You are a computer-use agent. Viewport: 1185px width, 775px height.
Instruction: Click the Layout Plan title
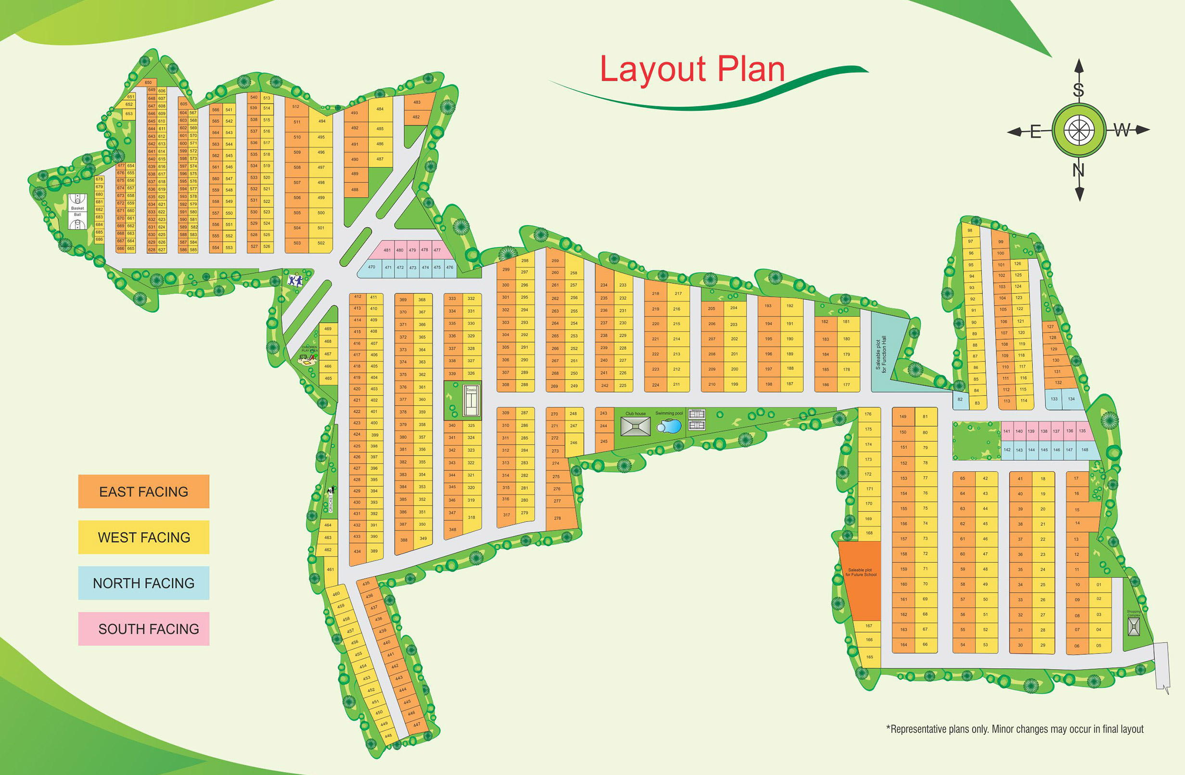692,70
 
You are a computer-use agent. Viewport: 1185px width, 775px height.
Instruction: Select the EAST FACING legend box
143,491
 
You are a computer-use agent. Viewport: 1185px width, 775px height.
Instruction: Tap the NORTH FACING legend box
143,583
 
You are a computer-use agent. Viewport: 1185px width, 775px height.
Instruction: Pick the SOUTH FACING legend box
143,629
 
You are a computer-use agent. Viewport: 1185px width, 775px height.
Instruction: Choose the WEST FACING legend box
143,537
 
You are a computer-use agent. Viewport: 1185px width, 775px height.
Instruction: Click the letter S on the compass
1079,90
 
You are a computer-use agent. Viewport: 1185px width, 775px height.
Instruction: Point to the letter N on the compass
1079,171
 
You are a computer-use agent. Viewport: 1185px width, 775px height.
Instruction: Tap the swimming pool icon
669,427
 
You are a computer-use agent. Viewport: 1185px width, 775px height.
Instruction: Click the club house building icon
636,427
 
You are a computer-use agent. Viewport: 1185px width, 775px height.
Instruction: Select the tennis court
471,401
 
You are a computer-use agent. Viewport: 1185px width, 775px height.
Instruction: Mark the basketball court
77,212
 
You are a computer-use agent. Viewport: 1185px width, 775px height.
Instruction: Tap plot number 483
417,102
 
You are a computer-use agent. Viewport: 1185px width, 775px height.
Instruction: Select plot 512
296,106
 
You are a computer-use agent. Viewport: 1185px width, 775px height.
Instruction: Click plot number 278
558,518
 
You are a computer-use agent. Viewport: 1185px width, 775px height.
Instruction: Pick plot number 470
372,267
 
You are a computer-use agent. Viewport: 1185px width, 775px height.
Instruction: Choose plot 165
869,657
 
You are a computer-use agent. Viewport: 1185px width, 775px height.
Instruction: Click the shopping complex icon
1134,626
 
